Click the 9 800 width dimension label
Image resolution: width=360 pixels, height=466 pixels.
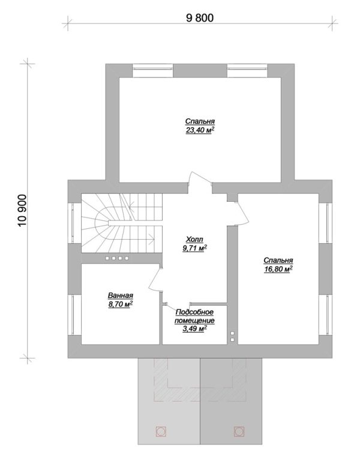pyautogui.click(x=200, y=18)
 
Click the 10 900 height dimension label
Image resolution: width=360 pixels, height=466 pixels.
pyautogui.click(x=23, y=211)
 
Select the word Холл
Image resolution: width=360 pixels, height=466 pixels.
pyautogui.click(x=194, y=239)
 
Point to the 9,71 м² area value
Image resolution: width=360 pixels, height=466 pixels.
pyautogui.click(x=194, y=248)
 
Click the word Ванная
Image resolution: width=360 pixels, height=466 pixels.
pyautogui.click(x=120, y=295)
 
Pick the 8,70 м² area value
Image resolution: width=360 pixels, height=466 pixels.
pyautogui.click(x=120, y=304)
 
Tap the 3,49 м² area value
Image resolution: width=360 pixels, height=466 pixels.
pyautogui.click(x=194, y=329)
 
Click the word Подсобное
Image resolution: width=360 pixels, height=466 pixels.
pyautogui.click(x=194, y=312)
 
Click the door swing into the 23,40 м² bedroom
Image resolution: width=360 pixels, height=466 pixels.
pyautogui.click(x=200, y=179)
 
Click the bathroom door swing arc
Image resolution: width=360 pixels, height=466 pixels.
pyautogui.click(x=155, y=279)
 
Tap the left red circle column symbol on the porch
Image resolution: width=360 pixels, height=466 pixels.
pyautogui.click(x=161, y=431)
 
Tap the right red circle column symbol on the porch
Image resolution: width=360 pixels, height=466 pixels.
pyautogui.click(x=239, y=431)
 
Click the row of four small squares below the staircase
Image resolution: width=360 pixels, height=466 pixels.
pyautogui.click(x=117, y=258)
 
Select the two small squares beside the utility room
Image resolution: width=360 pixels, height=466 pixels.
pyautogui.click(x=233, y=336)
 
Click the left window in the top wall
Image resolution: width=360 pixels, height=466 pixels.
pyautogui.click(x=153, y=70)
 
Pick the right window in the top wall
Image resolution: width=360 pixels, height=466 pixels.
pyautogui.click(x=247, y=70)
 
